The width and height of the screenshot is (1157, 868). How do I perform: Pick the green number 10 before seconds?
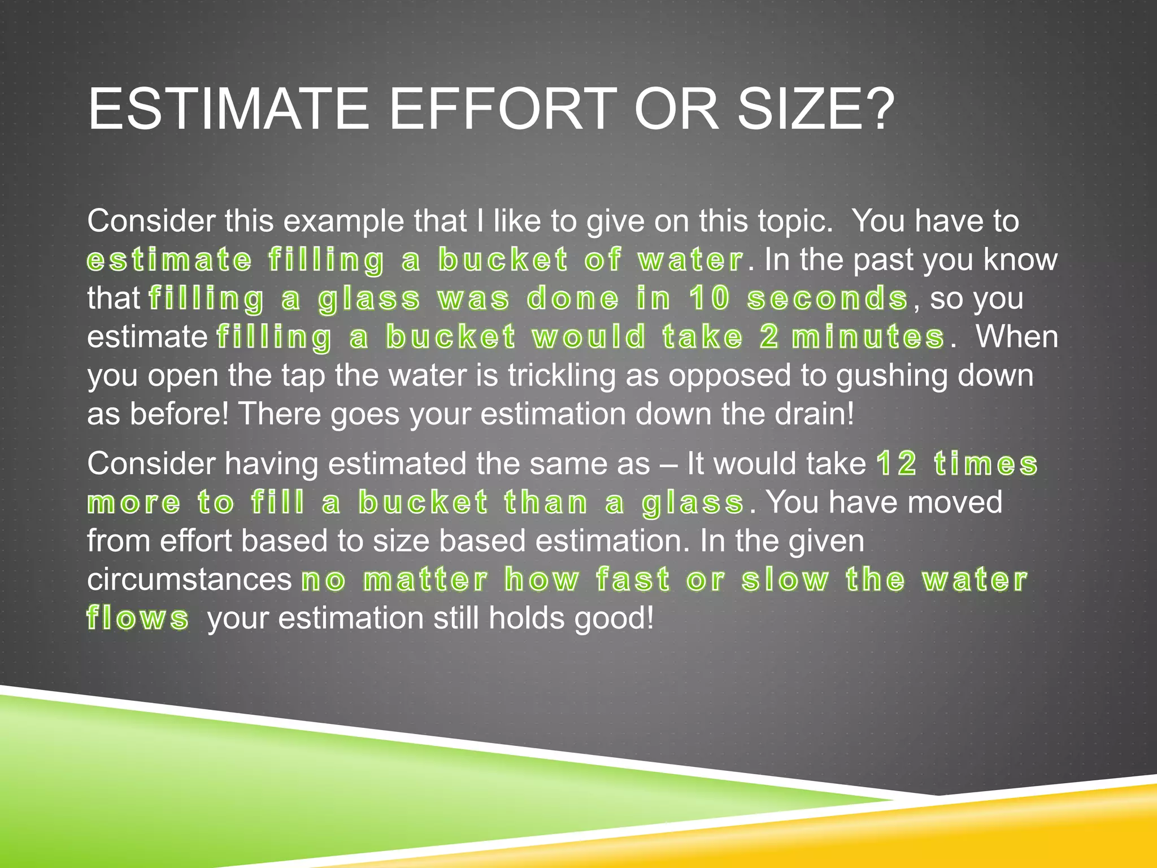coord(708,298)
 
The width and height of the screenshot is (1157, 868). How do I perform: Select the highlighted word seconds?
coord(827,298)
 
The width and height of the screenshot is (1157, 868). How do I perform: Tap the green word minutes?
coord(868,337)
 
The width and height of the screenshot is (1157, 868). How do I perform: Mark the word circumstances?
coord(189,580)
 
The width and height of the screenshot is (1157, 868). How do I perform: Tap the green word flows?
coord(138,618)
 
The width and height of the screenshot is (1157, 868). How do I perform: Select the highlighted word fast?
coord(633,580)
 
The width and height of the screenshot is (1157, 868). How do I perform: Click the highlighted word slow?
coord(785,580)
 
